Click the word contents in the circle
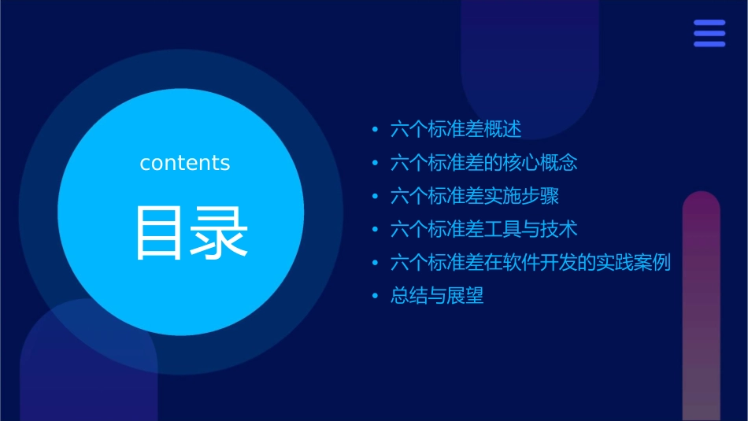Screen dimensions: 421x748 coord(185,163)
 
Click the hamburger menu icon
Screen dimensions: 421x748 coord(709,33)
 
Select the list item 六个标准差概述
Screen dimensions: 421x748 coord(456,129)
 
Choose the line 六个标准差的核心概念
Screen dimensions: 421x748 coord(483,163)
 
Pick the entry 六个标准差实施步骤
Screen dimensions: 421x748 coord(474,196)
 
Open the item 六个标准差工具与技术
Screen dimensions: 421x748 coord(483,229)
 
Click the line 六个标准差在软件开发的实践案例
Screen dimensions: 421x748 coord(530,262)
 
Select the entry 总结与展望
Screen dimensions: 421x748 coord(437,296)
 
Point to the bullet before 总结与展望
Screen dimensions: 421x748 coord(376,297)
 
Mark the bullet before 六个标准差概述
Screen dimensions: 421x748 coord(376,130)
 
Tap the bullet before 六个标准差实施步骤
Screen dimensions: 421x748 coord(376,197)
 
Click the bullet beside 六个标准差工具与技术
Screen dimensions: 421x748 coord(376,230)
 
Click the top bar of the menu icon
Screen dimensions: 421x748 coord(709,23)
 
